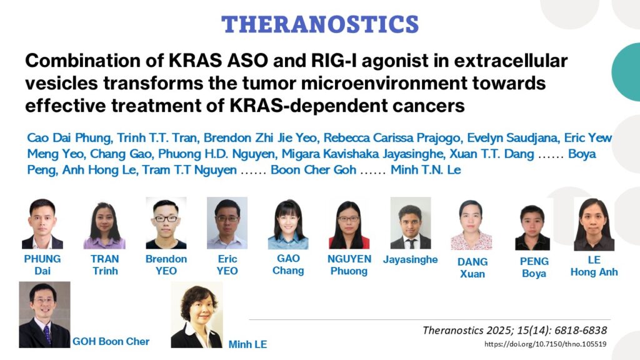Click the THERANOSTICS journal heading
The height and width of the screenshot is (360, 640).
(x=320, y=24)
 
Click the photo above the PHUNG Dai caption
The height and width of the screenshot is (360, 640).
(x=42, y=224)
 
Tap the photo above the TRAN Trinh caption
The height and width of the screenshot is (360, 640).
(x=104, y=225)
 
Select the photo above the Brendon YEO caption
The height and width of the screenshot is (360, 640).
(x=166, y=223)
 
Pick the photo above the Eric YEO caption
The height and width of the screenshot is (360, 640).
(x=227, y=223)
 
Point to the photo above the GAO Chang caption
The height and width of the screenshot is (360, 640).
(x=288, y=224)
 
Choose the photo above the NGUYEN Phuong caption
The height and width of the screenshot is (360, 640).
(x=349, y=225)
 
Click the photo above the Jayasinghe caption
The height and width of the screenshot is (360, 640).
(x=411, y=223)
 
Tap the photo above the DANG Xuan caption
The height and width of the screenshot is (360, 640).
(x=471, y=225)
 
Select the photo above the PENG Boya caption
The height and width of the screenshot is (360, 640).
(x=532, y=227)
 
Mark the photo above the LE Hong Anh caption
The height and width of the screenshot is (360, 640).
(x=594, y=224)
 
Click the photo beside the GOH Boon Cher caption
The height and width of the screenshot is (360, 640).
(x=44, y=315)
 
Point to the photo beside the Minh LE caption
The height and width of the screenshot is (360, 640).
(x=197, y=315)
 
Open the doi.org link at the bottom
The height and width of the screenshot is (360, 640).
(x=545, y=344)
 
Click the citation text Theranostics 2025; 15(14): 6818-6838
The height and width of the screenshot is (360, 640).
(x=515, y=330)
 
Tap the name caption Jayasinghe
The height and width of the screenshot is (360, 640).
(x=410, y=259)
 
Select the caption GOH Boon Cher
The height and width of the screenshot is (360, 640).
(x=111, y=342)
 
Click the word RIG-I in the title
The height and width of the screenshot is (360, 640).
(x=334, y=61)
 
